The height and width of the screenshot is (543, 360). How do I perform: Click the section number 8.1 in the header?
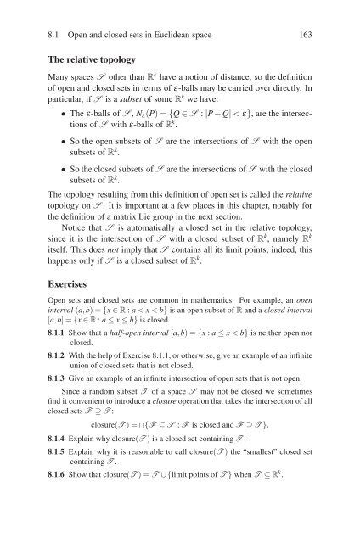37,13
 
